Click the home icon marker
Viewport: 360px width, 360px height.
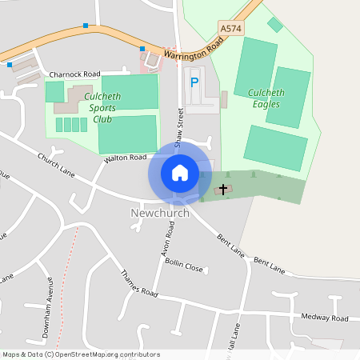180,172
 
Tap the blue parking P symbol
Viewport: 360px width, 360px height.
194,82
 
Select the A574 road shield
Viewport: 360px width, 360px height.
230,29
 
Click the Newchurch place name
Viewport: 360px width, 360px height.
159,214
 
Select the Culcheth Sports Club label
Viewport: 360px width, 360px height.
103,108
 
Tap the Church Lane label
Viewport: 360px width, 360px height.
55,164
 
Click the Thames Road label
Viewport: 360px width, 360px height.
138,285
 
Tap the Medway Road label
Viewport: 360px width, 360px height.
326,318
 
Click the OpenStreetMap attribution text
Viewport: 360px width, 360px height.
81,354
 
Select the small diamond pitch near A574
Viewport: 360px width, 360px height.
275,25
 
